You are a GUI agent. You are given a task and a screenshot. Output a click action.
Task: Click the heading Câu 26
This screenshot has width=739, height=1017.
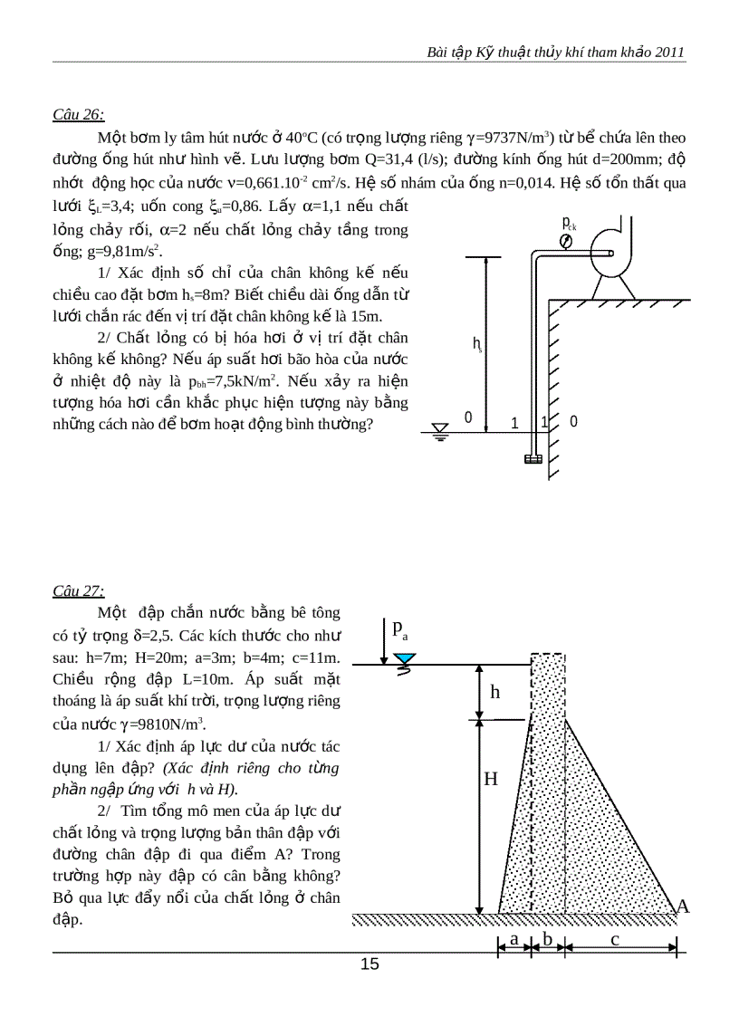click(79, 115)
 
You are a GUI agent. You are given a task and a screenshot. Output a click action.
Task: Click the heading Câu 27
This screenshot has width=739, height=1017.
click(79, 591)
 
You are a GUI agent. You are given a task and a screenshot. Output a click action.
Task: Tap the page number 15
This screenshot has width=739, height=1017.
click(369, 964)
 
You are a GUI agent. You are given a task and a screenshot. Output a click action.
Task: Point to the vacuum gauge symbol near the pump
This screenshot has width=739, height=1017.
click(566, 242)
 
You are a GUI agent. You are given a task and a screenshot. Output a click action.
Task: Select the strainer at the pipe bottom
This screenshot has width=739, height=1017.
click(533, 458)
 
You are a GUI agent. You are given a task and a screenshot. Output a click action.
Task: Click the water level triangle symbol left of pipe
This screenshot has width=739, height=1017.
click(440, 430)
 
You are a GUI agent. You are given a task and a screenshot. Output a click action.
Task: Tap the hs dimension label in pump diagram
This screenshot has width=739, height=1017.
click(476, 343)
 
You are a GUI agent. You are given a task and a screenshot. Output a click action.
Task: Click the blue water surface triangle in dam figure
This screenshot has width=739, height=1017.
click(406, 659)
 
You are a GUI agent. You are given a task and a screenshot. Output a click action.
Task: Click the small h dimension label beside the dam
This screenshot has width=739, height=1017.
click(495, 693)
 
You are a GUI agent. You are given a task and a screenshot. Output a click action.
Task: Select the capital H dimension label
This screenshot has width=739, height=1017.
click(490, 779)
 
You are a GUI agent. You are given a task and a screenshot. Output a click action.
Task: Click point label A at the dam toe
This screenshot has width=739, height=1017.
click(683, 907)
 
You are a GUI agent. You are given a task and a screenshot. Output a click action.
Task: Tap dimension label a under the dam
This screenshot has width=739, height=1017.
click(513, 939)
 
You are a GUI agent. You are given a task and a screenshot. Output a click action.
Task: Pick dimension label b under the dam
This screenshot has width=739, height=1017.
click(547, 939)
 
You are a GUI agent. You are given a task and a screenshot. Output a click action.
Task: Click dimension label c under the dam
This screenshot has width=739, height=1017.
click(615, 939)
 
